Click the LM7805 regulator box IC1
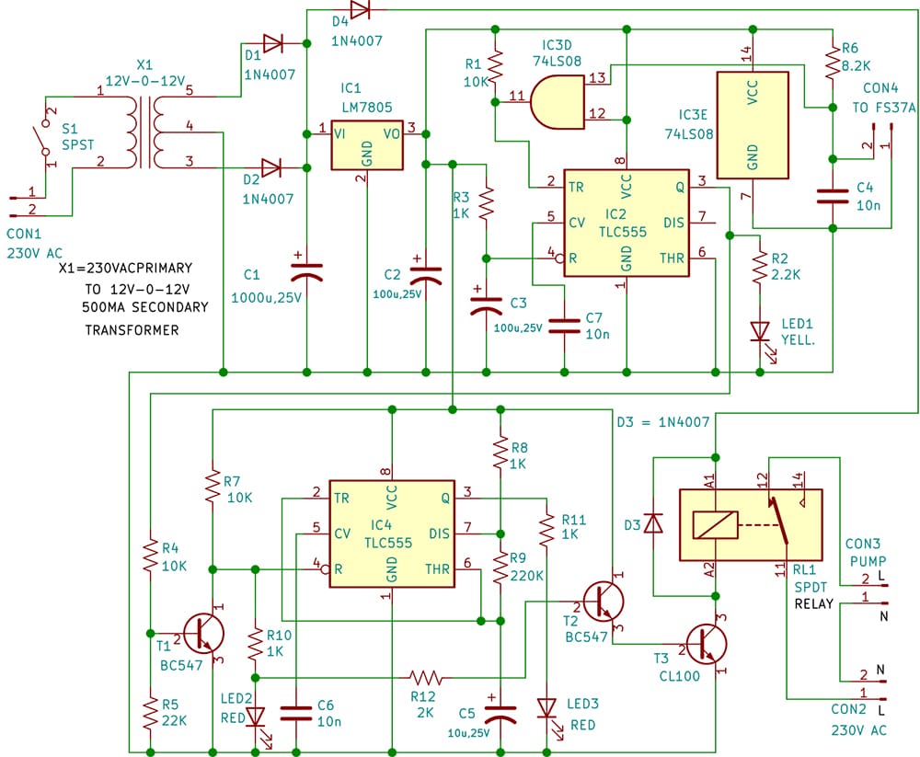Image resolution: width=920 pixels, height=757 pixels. [x=367, y=143]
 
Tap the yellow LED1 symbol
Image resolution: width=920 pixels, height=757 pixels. [x=760, y=330]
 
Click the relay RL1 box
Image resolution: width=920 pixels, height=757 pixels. [x=750, y=524]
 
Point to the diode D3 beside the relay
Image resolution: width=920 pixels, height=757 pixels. [x=653, y=523]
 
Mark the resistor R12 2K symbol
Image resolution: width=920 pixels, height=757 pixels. [x=429, y=677]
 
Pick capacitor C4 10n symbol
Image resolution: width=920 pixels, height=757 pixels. [x=832, y=195]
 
